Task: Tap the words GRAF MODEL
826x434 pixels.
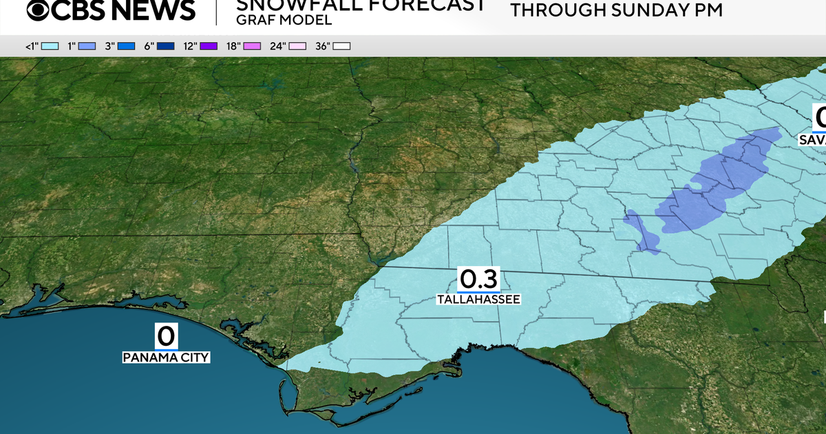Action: [284, 20]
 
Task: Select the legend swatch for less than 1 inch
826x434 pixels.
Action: [49, 46]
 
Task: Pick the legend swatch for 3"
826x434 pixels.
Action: [127, 46]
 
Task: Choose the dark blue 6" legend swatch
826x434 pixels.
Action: [166, 46]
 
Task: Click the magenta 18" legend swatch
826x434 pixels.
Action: [253, 46]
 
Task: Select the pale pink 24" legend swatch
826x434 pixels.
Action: [297, 46]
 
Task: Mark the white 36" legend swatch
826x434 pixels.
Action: [341, 46]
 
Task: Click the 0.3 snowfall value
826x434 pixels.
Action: [478, 280]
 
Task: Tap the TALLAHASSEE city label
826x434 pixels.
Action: [478, 300]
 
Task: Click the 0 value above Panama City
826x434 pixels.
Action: [166, 337]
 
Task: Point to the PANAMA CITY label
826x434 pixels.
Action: [166, 357]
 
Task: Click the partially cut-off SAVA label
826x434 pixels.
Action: [812, 140]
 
